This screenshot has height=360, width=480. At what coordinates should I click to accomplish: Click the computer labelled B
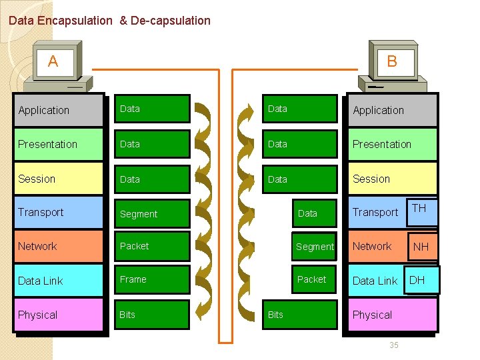pos(393,67)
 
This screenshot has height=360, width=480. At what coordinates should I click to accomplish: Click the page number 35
pos(393,345)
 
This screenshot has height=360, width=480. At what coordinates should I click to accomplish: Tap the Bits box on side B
pos(300,315)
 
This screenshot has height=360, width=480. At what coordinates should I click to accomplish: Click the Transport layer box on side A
pos(59,212)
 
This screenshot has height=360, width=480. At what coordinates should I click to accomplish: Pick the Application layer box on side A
pos(59,110)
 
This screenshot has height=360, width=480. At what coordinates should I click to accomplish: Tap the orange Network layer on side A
pos(59,246)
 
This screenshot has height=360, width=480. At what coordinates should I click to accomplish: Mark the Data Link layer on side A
pos(59,281)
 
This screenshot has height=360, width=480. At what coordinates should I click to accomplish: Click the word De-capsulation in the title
pos(171,21)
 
